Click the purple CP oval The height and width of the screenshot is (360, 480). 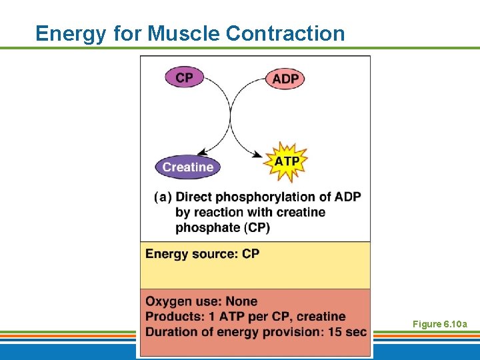click(184, 78)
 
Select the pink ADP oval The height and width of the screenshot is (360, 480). click(285, 79)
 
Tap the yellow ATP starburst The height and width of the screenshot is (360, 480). click(287, 162)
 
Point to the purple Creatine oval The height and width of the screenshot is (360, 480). click(187, 167)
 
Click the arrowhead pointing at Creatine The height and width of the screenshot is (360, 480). click(207, 153)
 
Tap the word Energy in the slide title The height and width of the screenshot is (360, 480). click(70, 33)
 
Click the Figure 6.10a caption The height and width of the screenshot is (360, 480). click(439, 324)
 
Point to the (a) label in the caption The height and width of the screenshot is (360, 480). click(163, 197)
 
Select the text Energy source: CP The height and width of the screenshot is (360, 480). click(202, 254)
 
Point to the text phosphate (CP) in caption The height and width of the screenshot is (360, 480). click(223, 227)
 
